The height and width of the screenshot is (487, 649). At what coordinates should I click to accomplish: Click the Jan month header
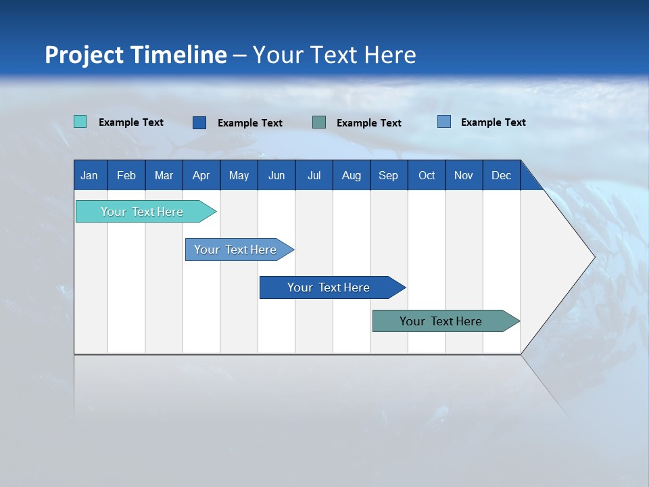89,175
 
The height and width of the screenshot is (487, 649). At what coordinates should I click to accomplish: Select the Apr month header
201,175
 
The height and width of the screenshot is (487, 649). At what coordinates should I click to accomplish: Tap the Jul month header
314,175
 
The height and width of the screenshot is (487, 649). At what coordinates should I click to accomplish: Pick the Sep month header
388,175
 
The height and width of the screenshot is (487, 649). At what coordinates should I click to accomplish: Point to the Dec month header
501,175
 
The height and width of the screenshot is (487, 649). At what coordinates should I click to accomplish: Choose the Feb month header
126,175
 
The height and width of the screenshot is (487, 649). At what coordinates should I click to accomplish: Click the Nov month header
463,175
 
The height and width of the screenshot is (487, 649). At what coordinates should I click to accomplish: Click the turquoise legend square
80,122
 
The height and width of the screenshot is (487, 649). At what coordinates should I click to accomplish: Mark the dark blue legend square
199,122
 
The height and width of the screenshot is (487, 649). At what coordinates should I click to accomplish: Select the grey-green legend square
319,122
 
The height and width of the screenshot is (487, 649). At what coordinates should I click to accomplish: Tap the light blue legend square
444,122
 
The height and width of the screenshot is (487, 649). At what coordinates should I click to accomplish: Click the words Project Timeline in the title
136,55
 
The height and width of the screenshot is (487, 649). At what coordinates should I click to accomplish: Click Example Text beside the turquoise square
131,122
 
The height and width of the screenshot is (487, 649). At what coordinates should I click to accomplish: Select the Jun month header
277,175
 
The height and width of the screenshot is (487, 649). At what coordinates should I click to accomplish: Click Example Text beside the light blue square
494,122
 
